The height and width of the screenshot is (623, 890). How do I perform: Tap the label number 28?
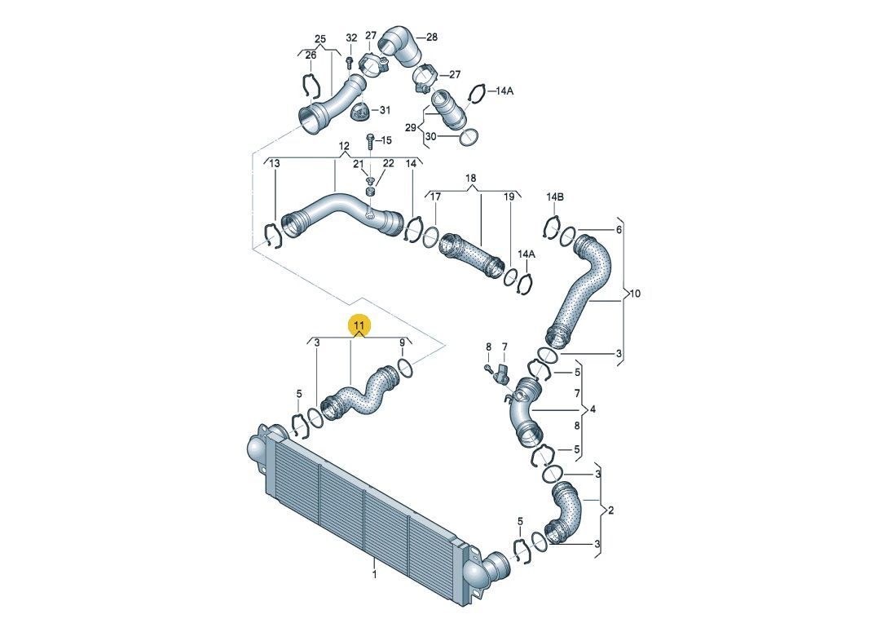(x=432, y=37)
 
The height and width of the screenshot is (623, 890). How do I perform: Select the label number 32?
(x=352, y=38)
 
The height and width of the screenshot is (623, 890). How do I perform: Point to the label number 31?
(x=386, y=110)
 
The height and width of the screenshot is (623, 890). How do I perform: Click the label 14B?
(x=555, y=197)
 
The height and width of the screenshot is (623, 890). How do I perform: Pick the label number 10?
(x=635, y=294)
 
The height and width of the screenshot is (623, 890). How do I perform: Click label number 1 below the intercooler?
(x=375, y=574)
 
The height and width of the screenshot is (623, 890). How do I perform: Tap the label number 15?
(x=386, y=140)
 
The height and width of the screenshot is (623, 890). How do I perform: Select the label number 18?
(x=471, y=178)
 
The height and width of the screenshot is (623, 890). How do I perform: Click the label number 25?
(x=320, y=39)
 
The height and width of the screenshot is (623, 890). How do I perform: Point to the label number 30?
(x=431, y=136)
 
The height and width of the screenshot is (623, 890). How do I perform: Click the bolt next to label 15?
(x=369, y=141)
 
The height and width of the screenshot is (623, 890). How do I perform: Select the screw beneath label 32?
(x=350, y=61)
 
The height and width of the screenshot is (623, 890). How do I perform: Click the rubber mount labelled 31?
(x=360, y=112)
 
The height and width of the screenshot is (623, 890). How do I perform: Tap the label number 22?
(x=388, y=164)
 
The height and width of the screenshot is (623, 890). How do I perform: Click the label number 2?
(x=610, y=510)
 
